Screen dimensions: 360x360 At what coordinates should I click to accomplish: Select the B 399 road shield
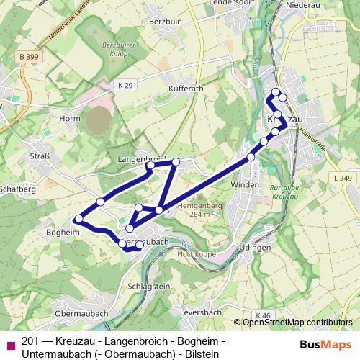coord(30,56)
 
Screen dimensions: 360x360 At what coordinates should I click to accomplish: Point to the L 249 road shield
coord(343,177)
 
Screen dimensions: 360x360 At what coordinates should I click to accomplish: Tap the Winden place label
coord(244,185)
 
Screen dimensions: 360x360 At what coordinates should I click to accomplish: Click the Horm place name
coord(70,118)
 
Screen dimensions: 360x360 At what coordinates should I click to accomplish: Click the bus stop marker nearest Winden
coord(251,157)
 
